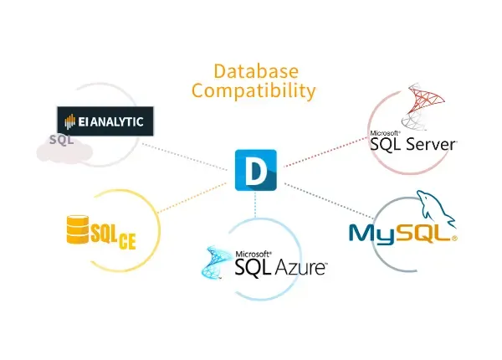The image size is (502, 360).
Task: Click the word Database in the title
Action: click(x=256, y=71)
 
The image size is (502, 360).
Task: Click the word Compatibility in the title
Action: click(x=254, y=90)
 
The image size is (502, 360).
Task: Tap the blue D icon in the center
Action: click(x=256, y=170)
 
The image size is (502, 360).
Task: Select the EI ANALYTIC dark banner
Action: click(x=105, y=121)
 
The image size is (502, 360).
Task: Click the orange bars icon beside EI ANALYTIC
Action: click(x=69, y=121)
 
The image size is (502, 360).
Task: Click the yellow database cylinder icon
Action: click(x=78, y=229)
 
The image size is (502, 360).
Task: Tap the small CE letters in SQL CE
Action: click(x=127, y=241)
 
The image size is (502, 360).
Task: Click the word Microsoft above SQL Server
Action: click(x=385, y=133)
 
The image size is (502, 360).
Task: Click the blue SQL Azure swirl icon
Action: click(x=217, y=262)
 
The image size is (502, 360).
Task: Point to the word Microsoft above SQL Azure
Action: click(x=253, y=255)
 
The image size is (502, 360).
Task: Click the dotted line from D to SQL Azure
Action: click(x=255, y=204)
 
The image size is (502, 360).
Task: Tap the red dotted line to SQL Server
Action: click(x=325, y=152)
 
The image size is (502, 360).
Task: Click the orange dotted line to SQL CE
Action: click(x=192, y=198)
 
